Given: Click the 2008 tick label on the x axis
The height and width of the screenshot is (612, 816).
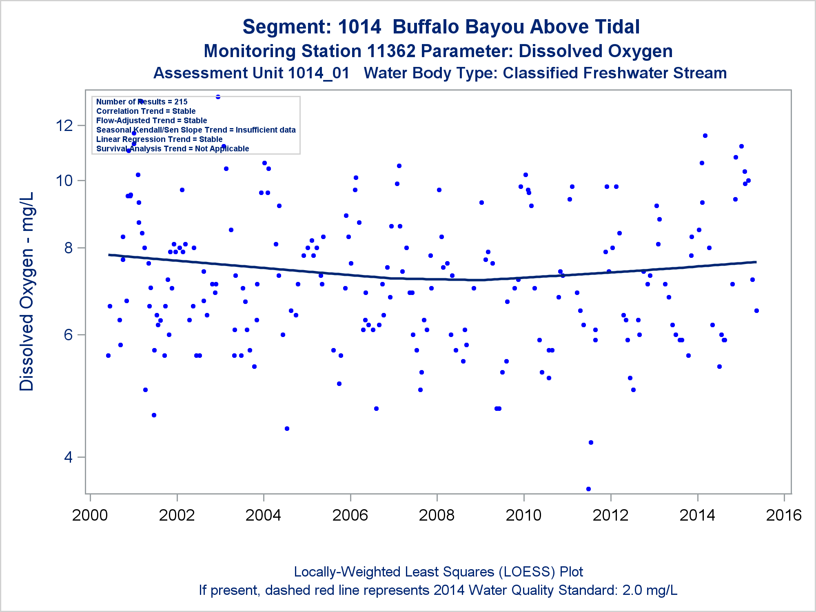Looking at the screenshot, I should click(x=437, y=515).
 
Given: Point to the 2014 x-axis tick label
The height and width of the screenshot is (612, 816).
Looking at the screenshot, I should click(x=697, y=515).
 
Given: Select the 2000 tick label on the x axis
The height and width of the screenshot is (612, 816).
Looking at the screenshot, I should click(x=90, y=515).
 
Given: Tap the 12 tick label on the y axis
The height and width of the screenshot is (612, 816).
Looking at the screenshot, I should click(x=64, y=125).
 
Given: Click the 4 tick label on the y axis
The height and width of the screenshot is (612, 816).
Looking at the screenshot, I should click(x=68, y=457).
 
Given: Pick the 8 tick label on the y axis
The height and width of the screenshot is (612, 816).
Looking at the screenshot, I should click(x=68, y=248).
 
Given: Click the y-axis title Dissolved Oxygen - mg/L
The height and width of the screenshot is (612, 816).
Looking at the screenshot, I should click(x=27, y=291).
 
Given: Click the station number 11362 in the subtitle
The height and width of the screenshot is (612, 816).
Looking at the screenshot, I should click(x=391, y=51).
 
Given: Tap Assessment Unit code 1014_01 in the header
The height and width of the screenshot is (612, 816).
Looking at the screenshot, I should click(x=319, y=73).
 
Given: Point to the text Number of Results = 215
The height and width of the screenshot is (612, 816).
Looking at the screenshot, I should click(x=142, y=102).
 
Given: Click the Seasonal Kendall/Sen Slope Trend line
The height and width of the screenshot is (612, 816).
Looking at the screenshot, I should click(x=196, y=130).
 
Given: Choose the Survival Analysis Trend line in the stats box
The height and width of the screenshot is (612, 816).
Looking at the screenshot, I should click(x=173, y=149).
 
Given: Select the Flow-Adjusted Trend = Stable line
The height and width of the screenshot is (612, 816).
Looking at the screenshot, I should click(x=151, y=120).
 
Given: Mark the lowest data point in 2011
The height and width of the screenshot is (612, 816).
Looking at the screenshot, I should click(x=588, y=489).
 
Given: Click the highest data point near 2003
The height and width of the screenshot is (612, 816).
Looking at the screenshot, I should click(x=218, y=97).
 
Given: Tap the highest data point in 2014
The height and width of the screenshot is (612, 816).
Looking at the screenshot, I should click(x=705, y=135).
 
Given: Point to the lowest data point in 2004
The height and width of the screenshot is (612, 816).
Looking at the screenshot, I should click(x=287, y=428).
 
